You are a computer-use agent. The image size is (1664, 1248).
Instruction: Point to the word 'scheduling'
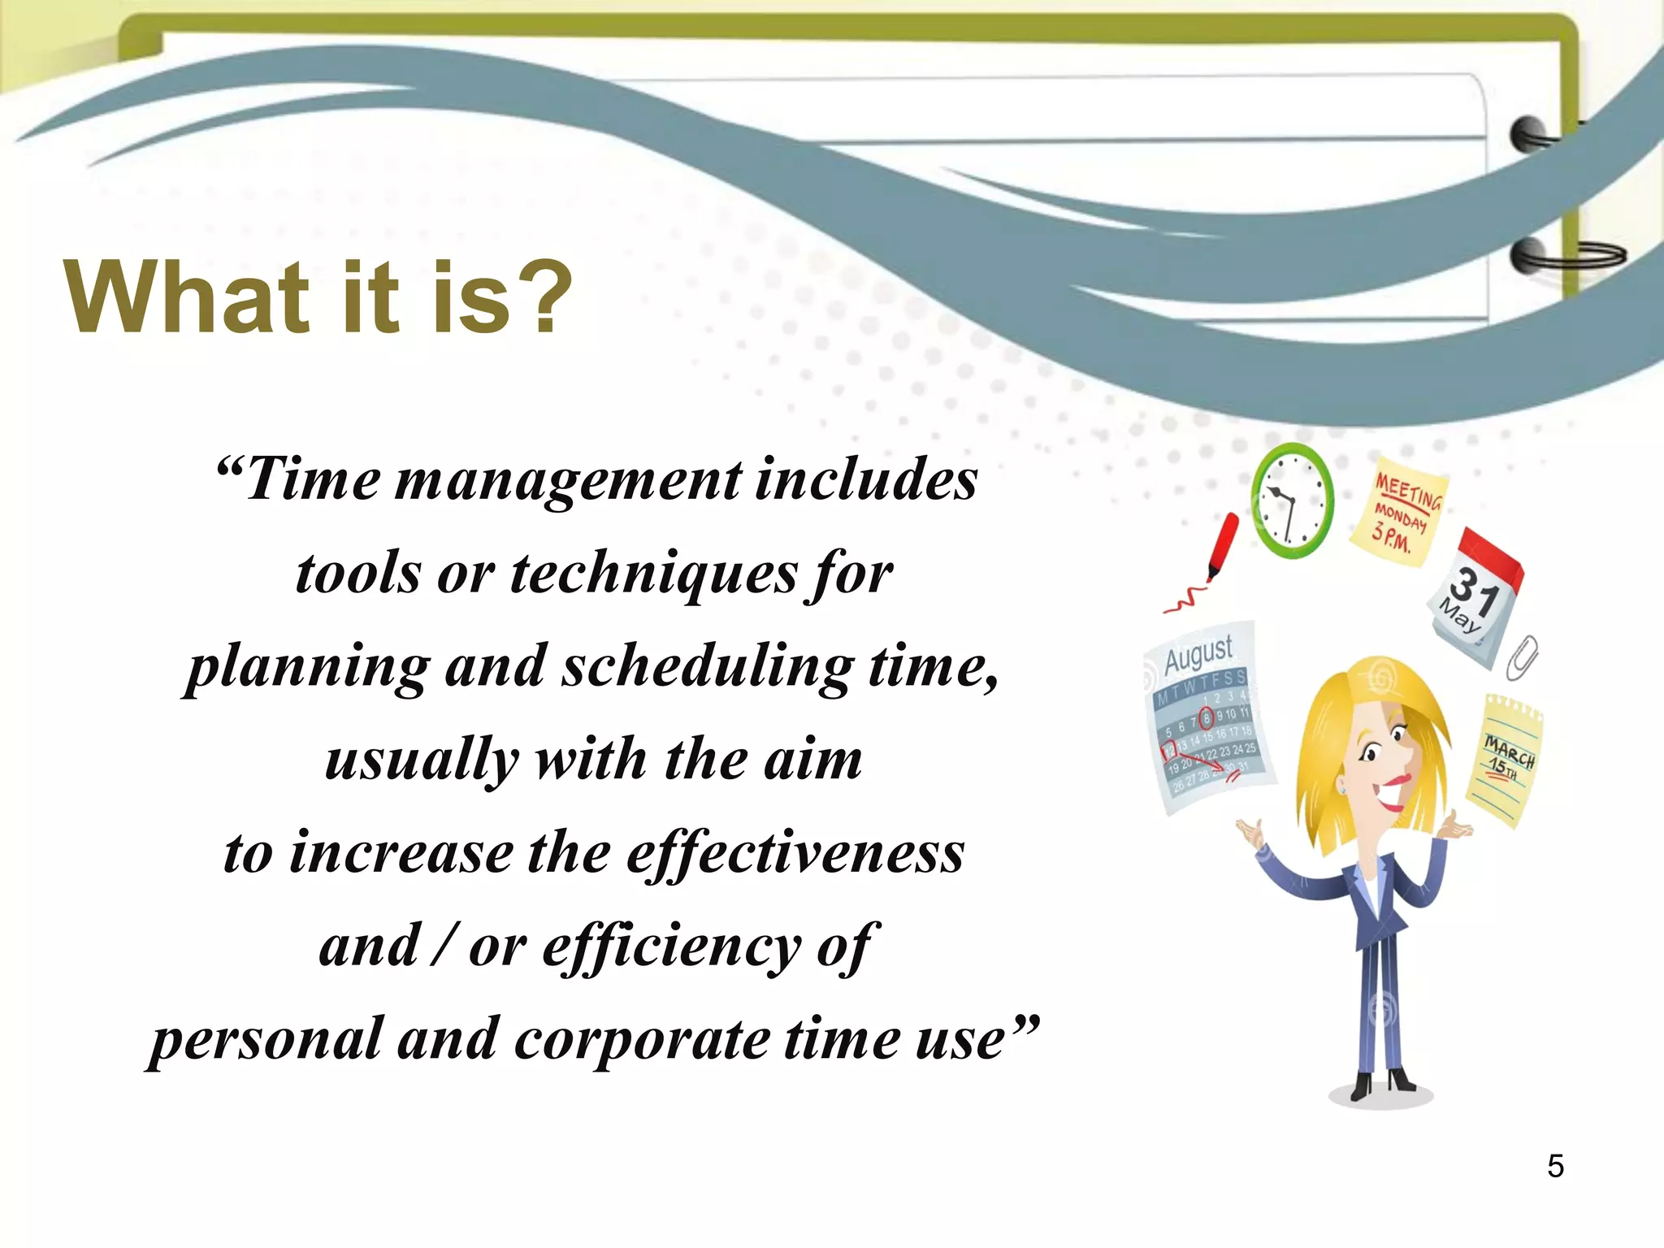(708, 667)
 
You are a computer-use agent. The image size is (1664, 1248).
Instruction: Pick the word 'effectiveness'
(795, 853)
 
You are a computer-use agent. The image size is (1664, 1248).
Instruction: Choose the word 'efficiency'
(671, 947)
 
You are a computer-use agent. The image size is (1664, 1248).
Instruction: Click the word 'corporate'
(642, 1040)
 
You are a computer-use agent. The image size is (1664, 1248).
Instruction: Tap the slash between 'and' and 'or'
(444, 946)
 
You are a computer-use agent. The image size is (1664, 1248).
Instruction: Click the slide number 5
(1555, 1166)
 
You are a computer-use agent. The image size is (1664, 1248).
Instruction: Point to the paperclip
(1522, 656)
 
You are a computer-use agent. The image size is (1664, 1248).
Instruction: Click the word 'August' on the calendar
(1198, 653)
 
